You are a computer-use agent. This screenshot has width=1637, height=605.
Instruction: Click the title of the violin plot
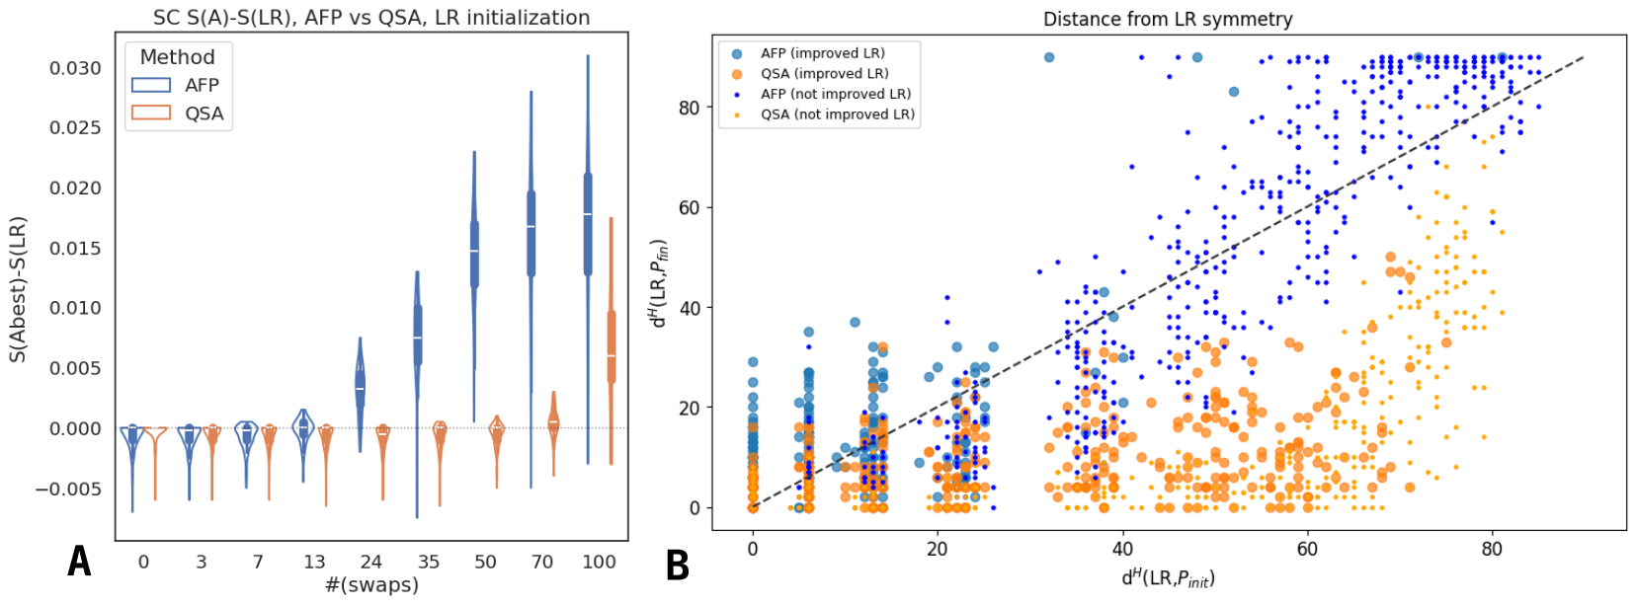pyautogui.click(x=371, y=18)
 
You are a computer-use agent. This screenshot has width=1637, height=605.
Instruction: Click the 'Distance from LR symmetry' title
pyautogui.click(x=1168, y=19)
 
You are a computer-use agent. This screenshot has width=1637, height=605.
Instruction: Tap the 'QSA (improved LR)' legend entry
pyautogui.click(x=824, y=74)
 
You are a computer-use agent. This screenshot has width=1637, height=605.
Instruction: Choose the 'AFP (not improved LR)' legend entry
pyautogui.click(x=835, y=94)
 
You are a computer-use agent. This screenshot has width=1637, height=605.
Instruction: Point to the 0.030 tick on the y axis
pyautogui.click(x=75, y=68)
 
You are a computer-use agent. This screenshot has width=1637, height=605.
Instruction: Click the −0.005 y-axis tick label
pyautogui.click(x=68, y=490)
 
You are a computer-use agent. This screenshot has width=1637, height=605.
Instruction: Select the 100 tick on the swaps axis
pyautogui.click(x=599, y=562)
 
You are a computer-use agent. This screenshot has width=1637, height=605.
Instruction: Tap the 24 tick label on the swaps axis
pyautogui.click(x=370, y=562)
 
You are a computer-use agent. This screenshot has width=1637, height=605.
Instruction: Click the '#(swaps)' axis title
pyautogui.click(x=371, y=584)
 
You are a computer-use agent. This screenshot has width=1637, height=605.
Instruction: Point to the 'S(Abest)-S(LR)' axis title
pyautogui.click(x=18, y=289)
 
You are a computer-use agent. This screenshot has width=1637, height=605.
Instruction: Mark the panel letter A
pyautogui.click(x=79, y=562)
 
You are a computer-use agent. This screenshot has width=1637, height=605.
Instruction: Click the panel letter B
pyautogui.click(x=677, y=567)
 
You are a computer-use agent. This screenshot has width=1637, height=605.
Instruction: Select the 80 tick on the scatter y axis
pyautogui.click(x=689, y=108)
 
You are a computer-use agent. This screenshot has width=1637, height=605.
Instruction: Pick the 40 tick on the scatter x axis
pyautogui.click(x=1122, y=549)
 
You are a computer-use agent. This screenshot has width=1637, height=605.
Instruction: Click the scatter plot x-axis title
pyautogui.click(x=1168, y=577)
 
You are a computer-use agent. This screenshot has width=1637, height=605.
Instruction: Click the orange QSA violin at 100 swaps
pyautogui.click(x=612, y=345)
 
